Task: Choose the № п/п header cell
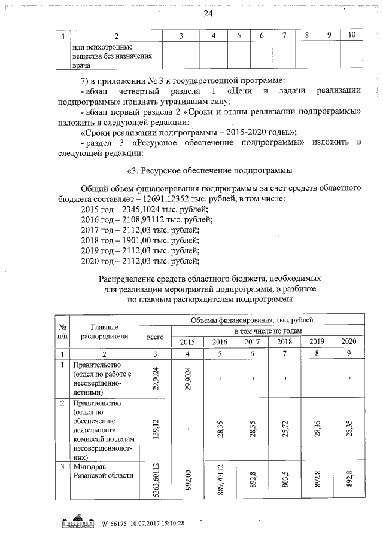click(x=62, y=331)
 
